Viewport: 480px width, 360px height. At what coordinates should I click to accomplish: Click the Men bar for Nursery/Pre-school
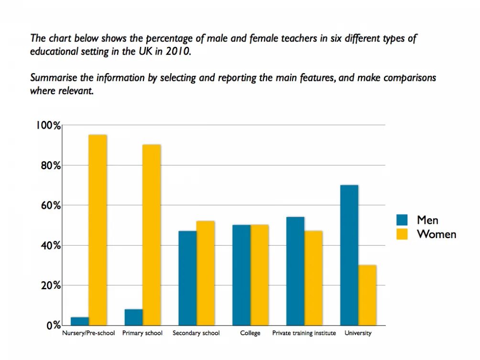tap(80, 321)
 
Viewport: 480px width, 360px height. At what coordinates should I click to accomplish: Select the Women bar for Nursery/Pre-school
tap(98, 230)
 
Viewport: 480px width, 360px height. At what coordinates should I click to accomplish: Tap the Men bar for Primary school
tap(133, 317)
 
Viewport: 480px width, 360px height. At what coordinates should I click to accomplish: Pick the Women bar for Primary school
tap(152, 235)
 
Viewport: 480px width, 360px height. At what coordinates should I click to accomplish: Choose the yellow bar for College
tap(260, 275)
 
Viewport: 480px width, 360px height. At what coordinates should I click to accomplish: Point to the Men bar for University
tap(349, 255)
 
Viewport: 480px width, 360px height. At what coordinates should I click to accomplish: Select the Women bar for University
tap(367, 295)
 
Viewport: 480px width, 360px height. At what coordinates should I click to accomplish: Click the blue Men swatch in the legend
tap(402, 220)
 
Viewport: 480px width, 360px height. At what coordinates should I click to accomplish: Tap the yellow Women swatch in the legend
tap(402, 234)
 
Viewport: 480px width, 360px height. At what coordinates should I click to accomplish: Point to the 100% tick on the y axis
tap(48, 126)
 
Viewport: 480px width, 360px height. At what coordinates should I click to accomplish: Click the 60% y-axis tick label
tap(50, 206)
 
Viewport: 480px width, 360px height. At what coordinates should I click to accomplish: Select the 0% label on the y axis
tap(53, 326)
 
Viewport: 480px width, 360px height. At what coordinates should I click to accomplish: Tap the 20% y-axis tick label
tap(50, 285)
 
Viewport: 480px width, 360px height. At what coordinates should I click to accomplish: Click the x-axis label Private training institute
tap(304, 333)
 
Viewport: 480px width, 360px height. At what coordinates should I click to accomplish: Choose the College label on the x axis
tap(251, 333)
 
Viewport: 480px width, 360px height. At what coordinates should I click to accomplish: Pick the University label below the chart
tap(358, 333)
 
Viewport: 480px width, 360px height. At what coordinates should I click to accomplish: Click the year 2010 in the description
tap(178, 52)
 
